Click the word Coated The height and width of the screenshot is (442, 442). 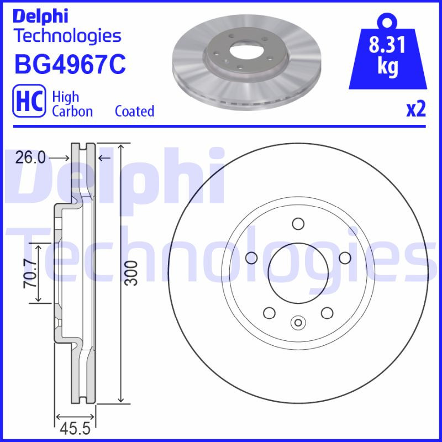point(134,111)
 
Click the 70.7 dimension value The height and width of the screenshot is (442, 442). point(31,274)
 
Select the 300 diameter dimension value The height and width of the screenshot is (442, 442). point(130,273)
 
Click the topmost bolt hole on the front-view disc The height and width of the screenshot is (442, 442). point(298,224)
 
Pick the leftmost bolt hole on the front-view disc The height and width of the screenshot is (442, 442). point(252,257)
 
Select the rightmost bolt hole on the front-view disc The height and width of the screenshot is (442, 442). point(345,257)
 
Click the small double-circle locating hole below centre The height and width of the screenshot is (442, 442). point(298,322)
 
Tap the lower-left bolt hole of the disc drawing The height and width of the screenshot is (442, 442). point(270,313)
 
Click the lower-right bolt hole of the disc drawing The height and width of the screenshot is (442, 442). point(327,313)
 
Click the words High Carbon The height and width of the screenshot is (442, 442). point(72,104)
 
